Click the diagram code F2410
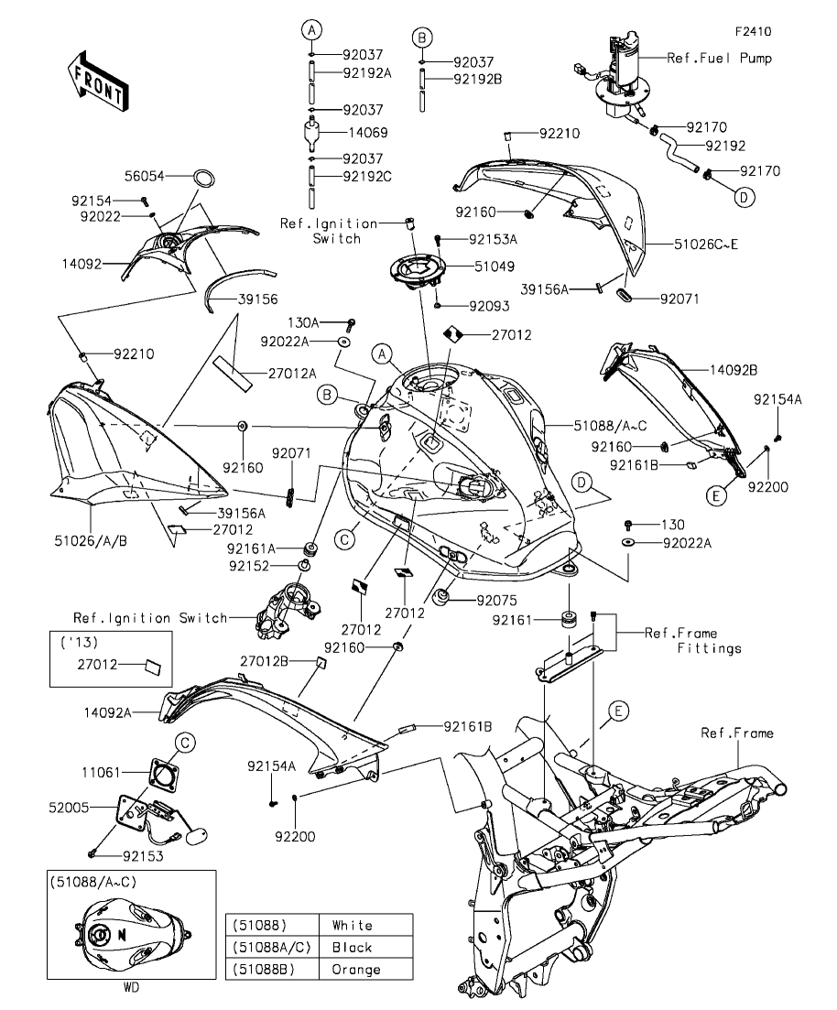click(752, 31)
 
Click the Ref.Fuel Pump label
click(719, 58)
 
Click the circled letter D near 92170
click(743, 197)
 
